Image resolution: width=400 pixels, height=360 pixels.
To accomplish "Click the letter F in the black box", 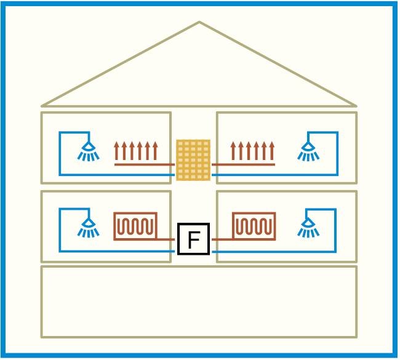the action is [193, 239].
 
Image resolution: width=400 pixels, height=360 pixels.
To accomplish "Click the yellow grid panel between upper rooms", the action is [193, 160].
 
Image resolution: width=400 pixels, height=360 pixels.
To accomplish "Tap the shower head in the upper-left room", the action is [88, 151].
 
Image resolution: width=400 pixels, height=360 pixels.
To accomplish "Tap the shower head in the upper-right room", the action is [308, 151].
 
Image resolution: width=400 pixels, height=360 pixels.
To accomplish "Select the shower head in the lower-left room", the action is [88, 228].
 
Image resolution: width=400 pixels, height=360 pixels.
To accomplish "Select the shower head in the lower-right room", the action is [308, 227].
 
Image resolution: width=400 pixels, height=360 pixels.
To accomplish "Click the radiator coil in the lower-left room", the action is [135, 226].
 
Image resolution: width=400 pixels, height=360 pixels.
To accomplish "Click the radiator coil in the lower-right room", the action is [254, 226].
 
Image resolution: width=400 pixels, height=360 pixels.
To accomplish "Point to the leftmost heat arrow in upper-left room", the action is [116, 151].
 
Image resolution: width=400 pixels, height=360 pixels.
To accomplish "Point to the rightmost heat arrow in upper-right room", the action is [272, 151].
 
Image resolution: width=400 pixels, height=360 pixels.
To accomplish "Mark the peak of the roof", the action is [199, 22].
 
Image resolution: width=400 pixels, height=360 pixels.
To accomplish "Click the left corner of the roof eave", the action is [42, 106].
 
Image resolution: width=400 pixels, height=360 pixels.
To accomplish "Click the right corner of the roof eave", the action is [356, 106].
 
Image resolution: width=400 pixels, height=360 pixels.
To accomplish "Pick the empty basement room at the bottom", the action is [199, 302].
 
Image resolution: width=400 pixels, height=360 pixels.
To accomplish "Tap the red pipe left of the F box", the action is [166, 239].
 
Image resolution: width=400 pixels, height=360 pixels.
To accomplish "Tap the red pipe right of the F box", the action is [222, 239].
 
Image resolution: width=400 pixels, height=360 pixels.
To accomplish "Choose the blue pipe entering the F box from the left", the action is [117, 252].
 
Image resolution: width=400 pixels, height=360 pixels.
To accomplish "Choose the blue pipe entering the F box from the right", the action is [274, 252].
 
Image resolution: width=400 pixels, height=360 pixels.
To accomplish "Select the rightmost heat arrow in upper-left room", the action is [155, 151].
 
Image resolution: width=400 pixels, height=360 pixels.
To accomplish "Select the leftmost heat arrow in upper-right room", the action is [233, 151].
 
